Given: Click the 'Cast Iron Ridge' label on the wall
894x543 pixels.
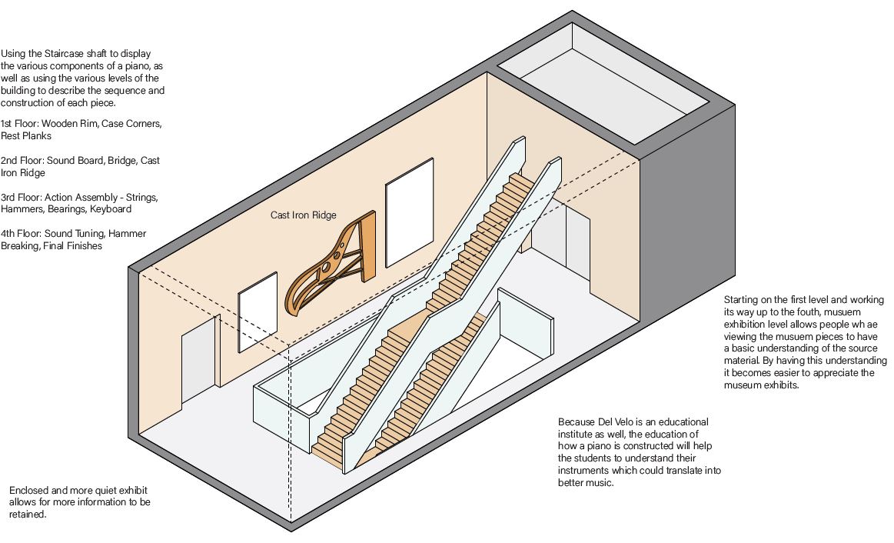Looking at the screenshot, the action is coord(303,215).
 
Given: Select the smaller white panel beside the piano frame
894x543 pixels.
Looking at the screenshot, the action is coord(257,311).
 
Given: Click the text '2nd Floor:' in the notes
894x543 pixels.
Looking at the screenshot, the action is coord(22,161).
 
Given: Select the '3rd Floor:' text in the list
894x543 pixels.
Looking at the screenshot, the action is coord(22,198).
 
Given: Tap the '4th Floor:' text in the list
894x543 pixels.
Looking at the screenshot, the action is coord(22,234).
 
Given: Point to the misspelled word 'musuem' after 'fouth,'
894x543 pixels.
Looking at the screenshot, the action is coord(866,311).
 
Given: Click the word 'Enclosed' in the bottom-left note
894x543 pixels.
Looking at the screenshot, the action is coord(28,490).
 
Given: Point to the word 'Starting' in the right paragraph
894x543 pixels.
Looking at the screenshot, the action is coord(742,299).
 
